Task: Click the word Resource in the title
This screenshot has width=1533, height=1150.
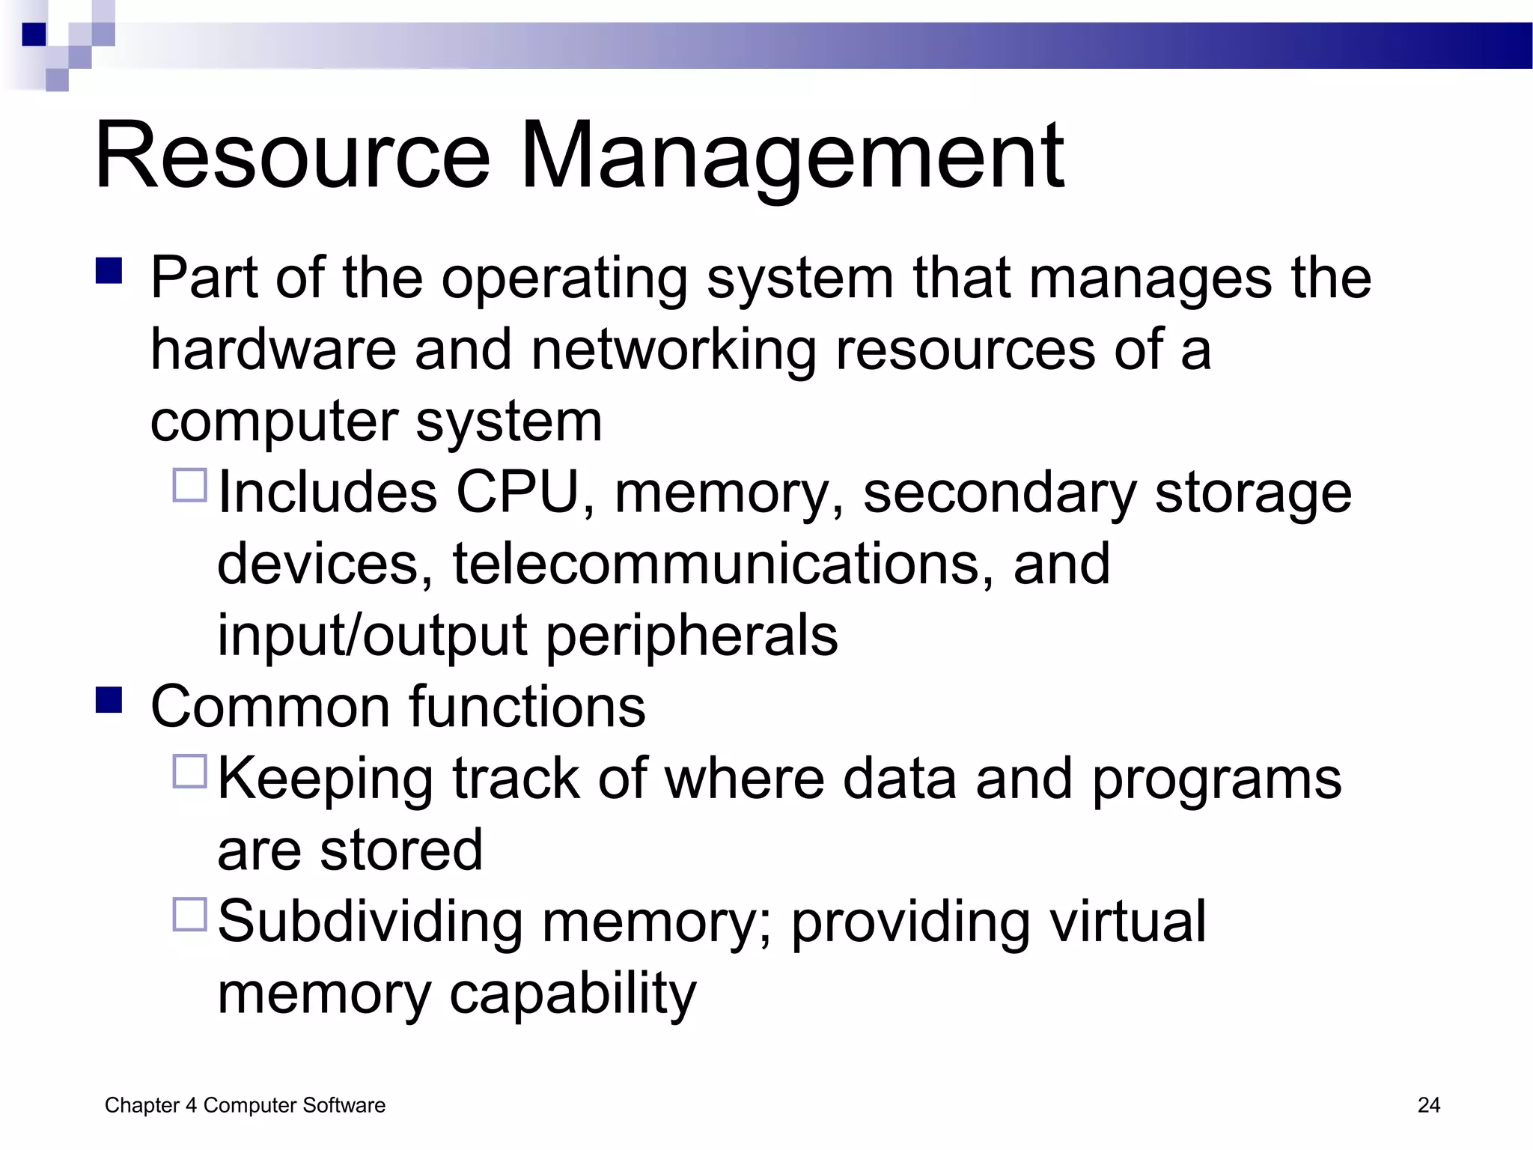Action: click(x=292, y=157)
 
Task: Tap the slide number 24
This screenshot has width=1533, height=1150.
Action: click(x=1428, y=1105)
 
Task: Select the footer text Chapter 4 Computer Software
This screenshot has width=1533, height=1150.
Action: click(x=245, y=1105)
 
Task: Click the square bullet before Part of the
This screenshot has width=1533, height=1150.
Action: click(x=109, y=271)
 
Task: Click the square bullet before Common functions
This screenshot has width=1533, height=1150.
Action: click(x=109, y=700)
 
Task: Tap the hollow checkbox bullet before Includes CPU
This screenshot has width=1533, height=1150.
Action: click(x=189, y=485)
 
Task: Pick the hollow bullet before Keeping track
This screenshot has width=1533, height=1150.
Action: click(x=189, y=771)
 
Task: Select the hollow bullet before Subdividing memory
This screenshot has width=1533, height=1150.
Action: click(x=189, y=914)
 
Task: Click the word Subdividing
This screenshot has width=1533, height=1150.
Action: click(x=370, y=923)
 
